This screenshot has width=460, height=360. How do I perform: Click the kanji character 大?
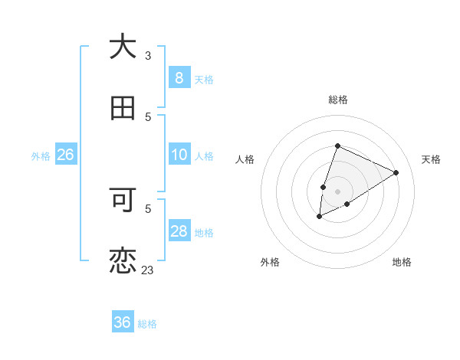click(x=123, y=47)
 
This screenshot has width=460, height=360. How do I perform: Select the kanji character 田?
click(x=123, y=108)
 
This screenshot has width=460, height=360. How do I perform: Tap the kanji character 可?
click(x=123, y=200)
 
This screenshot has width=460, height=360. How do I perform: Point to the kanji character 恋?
click(x=123, y=260)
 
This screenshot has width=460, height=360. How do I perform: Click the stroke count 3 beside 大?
click(x=148, y=56)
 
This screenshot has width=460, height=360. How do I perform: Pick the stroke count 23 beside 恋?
click(x=148, y=270)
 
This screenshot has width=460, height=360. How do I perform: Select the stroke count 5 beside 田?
click(x=148, y=116)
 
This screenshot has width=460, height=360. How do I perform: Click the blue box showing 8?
click(x=179, y=78)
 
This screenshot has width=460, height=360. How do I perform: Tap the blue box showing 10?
click(x=179, y=155)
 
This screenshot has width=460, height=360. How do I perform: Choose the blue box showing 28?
click(x=179, y=231)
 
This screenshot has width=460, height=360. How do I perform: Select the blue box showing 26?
click(x=65, y=155)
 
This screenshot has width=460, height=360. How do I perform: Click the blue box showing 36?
click(x=123, y=322)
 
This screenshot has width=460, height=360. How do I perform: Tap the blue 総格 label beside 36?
click(x=147, y=324)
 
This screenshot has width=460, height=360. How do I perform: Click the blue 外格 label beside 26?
click(x=41, y=156)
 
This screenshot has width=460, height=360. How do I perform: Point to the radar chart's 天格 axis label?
click(x=431, y=159)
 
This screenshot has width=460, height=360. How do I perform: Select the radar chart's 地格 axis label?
click(x=402, y=262)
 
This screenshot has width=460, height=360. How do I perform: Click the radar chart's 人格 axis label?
click(x=245, y=159)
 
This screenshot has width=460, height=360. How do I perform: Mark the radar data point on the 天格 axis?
click(x=396, y=172)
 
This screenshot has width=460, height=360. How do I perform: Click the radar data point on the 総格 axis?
click(x=337, y=146)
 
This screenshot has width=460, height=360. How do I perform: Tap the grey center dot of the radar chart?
click(x=337, y=191)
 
